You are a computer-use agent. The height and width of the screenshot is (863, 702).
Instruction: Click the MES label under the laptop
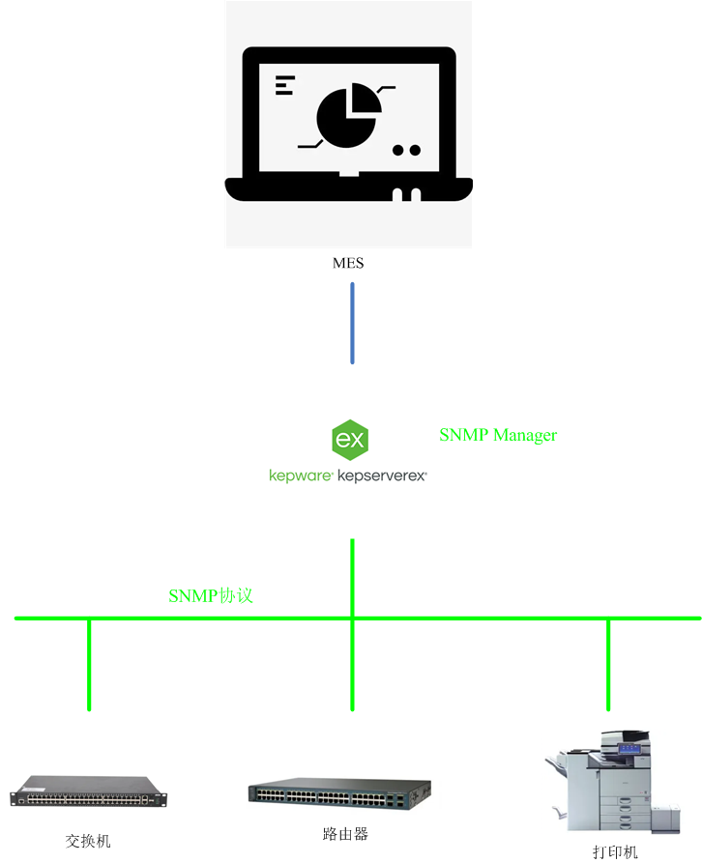pos(348,263)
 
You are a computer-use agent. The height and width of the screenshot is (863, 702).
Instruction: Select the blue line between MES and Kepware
pos(352,323)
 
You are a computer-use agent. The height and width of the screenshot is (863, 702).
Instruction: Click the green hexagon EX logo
pos(348,441)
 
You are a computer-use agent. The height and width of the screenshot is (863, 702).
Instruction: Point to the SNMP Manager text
pos(498,435)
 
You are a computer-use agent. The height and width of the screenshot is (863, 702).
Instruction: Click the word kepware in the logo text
pos(301,475)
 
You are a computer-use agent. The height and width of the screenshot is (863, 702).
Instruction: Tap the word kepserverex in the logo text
pos(382,475)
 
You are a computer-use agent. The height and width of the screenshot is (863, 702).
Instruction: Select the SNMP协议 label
pos(211,595)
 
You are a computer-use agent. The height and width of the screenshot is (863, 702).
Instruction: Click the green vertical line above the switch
pos(89,665)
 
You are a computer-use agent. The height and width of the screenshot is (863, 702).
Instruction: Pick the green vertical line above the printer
pos(608,665)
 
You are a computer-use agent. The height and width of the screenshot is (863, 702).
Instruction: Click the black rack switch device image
pos(88,791)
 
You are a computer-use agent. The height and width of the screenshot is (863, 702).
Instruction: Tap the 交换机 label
pos(88,841)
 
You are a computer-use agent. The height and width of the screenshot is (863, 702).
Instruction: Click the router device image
pos(339,794)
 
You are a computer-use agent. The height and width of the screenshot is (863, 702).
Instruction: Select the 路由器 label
pos(345,833)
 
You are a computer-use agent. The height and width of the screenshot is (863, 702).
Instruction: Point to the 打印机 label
pos(615,852)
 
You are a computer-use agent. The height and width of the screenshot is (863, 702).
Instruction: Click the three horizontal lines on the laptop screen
pos(283,84)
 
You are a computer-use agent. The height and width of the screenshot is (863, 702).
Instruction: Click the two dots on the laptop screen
pos(406,150)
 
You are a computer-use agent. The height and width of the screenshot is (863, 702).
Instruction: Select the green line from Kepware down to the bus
pos(352,577)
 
